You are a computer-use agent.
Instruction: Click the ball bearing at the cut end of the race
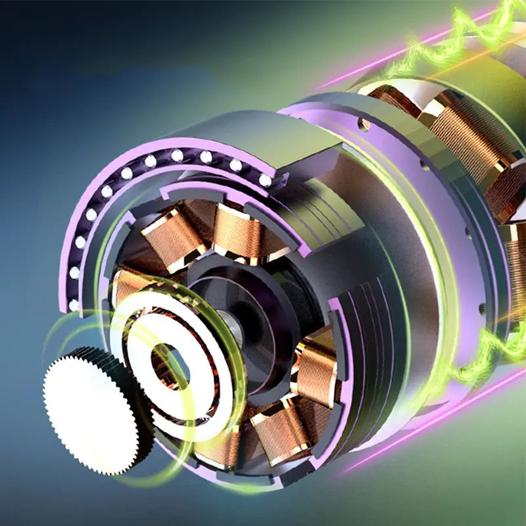point(265,179)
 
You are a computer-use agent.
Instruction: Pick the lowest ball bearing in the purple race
point(74,305)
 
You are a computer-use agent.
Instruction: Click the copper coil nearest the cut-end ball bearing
point(240,230)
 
